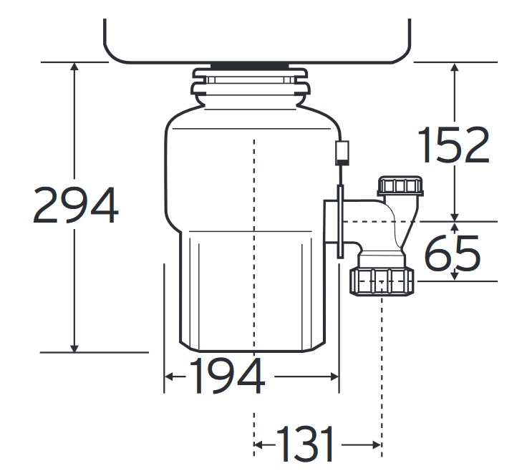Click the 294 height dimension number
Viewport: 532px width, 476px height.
click(x=75, y=205)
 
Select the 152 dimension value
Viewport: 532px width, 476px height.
click(x=453, y=145)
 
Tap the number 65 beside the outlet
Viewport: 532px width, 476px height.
click(x=452, y=253)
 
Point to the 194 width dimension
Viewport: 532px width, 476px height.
click(x=226, y=377)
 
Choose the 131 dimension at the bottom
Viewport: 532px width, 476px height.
click(x=304, y=445)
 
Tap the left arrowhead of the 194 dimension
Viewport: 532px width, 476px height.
click(x=170, y=377)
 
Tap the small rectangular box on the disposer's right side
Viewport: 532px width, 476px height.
click(x=342, y=152)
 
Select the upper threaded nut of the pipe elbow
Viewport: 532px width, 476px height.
click(x=401, y=186)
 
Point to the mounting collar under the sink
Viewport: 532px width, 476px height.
click(x=251, y=84)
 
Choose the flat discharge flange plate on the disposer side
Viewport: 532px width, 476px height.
click(x=340, y=220)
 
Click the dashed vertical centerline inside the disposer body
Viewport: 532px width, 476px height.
click(x=254, y=215)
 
